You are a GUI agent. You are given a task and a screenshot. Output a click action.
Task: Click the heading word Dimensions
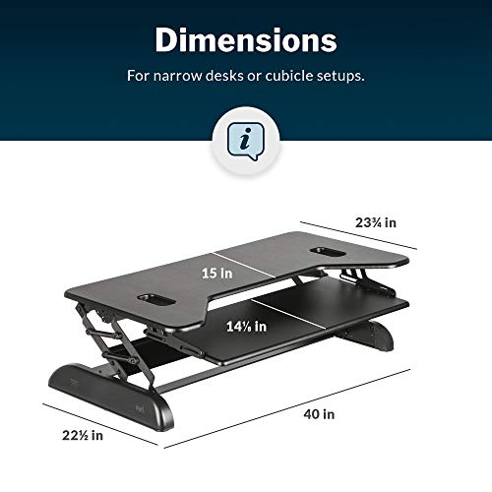(x=245, y=40)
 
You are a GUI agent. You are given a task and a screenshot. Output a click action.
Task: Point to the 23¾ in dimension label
(x=377, y=223)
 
